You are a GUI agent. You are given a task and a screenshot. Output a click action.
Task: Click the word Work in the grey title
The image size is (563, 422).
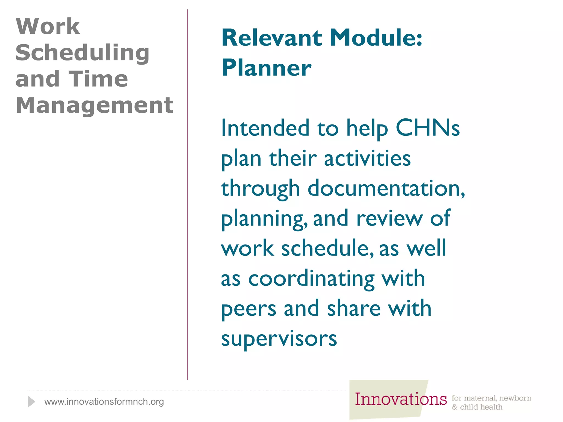pos(48,26)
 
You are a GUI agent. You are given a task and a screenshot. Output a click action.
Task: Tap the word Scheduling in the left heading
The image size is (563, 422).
pos(82,53)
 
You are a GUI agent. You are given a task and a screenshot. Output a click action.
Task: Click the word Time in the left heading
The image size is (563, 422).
pos(98,79)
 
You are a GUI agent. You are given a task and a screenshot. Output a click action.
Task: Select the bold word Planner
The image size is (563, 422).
pos(266,68)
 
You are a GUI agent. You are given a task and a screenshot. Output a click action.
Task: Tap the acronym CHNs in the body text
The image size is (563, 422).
pos(427,128)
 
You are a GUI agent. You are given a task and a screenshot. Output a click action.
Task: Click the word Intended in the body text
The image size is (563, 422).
pos(265,128)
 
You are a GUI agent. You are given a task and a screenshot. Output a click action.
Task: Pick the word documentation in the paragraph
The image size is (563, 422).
pos(386,188)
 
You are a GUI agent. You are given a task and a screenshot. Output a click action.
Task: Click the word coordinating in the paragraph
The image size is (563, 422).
pos(311,279)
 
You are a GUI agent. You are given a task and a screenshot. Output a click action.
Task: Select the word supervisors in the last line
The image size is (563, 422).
pos(279,339)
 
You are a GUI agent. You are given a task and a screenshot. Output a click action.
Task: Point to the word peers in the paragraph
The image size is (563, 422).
pos(249,309)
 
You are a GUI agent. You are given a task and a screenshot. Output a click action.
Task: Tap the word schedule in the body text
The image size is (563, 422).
pos(327,248)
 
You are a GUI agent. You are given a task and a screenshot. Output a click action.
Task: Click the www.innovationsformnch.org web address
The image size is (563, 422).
pos(104,402)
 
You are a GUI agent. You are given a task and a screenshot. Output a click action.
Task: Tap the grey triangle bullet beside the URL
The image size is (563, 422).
pos(31,402)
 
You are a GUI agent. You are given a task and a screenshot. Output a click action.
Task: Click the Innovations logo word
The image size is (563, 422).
pos(401,399)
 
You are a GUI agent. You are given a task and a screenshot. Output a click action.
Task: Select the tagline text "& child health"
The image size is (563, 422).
pos(477,407)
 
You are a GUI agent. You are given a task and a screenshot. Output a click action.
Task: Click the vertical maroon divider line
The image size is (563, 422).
pos(188,192)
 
